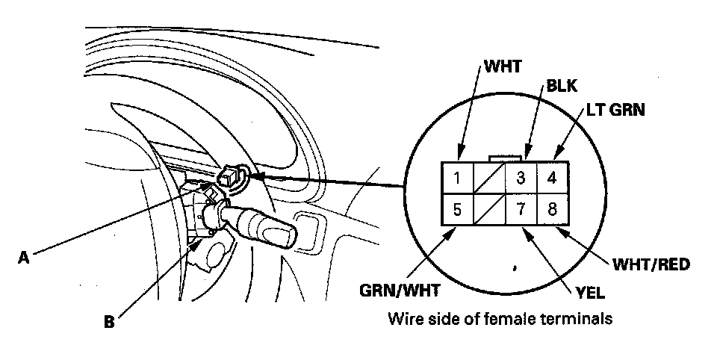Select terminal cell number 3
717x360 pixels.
point(521,178)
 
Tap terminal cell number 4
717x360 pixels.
point(552,178)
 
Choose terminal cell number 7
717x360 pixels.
point(521,209)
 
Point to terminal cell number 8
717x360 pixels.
point(552,209)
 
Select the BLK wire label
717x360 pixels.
point(562,86)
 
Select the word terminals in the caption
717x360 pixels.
point(580,319)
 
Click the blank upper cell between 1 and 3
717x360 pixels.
point(488,178)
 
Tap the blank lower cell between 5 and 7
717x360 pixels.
point(488,209)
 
